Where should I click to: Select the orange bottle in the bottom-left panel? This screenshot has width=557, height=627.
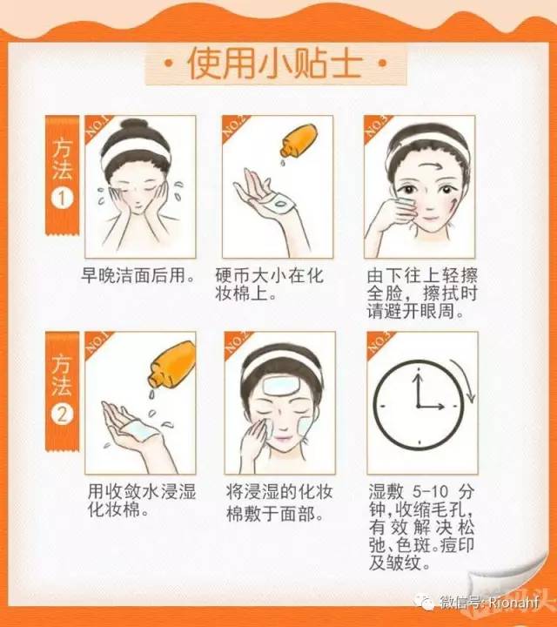click(171, 365)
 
